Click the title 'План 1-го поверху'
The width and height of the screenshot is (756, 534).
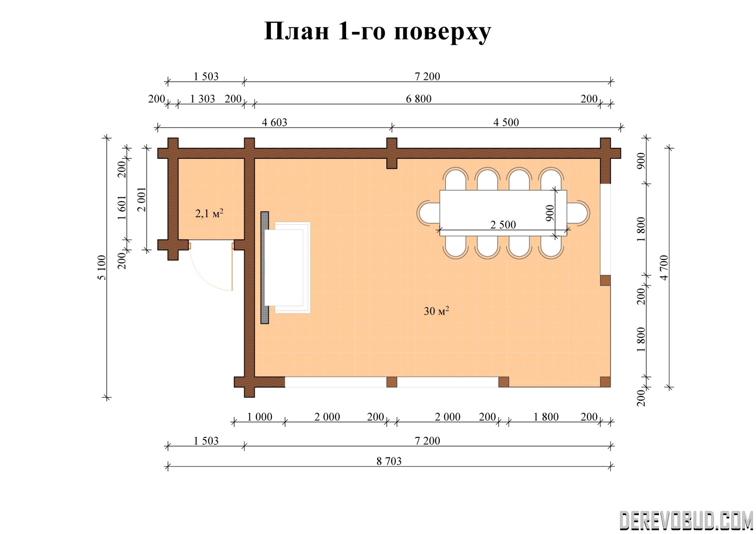[x=378, y=32]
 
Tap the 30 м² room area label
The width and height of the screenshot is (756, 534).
[x=436, y=311]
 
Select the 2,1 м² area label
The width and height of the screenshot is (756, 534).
[x=209, y=213]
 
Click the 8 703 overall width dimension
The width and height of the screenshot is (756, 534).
[x=389, y=461]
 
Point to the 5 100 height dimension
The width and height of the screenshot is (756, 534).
[x=102, y=267]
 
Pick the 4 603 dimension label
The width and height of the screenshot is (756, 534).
[x=274, y=122]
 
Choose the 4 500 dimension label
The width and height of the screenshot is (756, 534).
[x=506, y=122]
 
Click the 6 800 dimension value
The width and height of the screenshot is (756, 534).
[x=419, y=99]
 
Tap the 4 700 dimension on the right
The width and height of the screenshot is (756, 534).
[x=664, y=267]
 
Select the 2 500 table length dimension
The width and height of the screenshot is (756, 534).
[x=503, y=225]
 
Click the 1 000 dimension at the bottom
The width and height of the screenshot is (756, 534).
[x=260, y=417]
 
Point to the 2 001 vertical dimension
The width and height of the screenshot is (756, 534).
[x=142, y=199]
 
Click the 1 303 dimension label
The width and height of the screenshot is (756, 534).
[x=202, y=99]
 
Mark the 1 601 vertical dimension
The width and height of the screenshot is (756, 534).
[x=122, y=208]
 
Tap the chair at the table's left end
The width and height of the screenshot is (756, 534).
[x=428, y=213]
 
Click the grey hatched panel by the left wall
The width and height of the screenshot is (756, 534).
[x=265, y=267]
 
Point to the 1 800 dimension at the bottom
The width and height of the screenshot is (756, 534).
[x=546, y=417]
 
